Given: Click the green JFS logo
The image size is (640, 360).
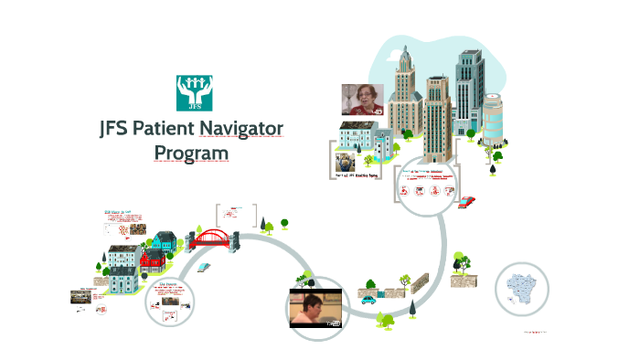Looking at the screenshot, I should coord(194,93).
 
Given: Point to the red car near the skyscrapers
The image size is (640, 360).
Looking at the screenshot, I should coord(466,201).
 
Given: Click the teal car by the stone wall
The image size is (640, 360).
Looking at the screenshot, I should coord(368,298).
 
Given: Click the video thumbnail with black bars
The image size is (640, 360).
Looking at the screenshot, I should coord(315,307).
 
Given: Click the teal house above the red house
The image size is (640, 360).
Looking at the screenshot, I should coord(164,241).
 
